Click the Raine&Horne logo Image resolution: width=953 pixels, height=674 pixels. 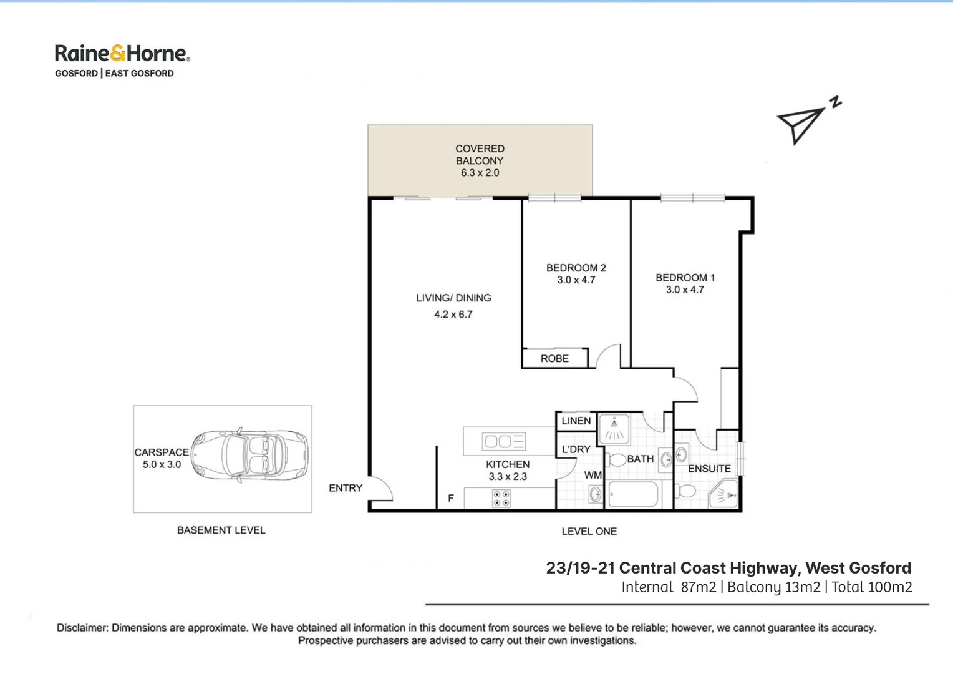pos(122,54)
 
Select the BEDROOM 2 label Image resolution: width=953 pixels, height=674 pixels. pos(576,268)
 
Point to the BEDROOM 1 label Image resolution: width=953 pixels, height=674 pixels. pos(685,278)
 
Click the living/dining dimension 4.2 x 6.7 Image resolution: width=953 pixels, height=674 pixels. pos(453,315)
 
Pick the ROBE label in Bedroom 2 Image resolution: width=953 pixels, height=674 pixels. pos(554,359)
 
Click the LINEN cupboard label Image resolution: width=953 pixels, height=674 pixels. pos(576,421)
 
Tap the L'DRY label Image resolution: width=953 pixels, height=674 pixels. pos(576,449)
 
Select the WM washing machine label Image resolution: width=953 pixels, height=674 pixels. pos(593,476)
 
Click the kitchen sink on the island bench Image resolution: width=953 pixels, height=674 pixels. pos(504,442)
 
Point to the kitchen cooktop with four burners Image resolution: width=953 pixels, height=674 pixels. pos(501,498)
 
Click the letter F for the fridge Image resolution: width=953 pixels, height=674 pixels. pos(450,498)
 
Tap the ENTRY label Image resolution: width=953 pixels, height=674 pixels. pos(346,488)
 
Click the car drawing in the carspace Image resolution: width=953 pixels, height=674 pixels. pos(249,456)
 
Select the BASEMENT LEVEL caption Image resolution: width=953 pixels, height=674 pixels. pos(221,530)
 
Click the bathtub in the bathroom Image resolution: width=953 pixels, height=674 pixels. pos(633,495)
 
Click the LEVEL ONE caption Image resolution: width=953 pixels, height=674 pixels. pos(589,532)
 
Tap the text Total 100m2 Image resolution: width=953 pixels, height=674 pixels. pos(871,587)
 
